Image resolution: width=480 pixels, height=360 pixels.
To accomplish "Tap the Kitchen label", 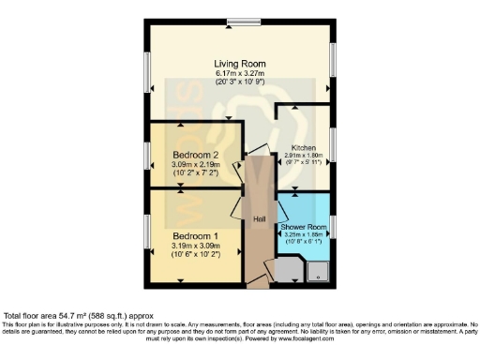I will [305, 148].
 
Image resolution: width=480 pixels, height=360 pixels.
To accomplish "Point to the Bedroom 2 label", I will [195, 154].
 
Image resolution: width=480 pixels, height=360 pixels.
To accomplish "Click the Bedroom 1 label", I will [195, 237].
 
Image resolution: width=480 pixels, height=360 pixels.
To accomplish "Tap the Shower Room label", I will [303, 228].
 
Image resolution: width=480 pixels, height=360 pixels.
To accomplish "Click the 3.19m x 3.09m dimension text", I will [195, 247].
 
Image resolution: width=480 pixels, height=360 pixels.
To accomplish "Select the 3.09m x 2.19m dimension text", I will [195, 164].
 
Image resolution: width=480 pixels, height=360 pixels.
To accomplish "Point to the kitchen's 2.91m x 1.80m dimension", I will [305, 157].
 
